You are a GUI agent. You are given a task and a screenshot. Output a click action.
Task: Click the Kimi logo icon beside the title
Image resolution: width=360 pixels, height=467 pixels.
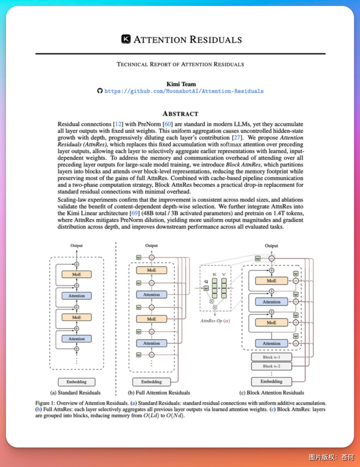click(126, 39)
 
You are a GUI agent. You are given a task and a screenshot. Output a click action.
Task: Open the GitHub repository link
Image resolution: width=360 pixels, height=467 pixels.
click(184, 91)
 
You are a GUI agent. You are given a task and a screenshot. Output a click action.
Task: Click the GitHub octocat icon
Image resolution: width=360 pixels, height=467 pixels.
click(100, 91)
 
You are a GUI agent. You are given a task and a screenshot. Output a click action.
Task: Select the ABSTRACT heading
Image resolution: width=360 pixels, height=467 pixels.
click(180, 114)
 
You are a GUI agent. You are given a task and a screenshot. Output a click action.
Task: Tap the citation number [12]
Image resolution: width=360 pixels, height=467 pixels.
click(118, 124)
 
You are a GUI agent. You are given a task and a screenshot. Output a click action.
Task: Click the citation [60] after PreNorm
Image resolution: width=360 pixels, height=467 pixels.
click(168, 124)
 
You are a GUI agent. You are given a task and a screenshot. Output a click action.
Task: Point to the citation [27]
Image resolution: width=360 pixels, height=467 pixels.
click(237, 138)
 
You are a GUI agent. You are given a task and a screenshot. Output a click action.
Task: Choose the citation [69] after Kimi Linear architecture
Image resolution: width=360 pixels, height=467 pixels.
click(135, 213)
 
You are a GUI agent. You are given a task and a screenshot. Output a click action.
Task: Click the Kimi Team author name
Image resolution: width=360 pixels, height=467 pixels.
click(181, 84)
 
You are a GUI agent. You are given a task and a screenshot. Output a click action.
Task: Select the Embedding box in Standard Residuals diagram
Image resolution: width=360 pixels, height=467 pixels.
click(77, 382)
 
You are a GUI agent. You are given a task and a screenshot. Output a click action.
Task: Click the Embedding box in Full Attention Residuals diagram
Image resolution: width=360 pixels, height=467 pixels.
click(151, 382)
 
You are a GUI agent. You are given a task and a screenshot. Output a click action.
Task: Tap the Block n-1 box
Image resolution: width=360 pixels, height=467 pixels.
click(271, 357)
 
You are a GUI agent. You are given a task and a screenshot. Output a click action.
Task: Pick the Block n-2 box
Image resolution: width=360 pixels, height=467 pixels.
click(271, 366)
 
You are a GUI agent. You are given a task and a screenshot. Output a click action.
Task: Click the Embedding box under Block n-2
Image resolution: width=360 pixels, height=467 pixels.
click(271, 381)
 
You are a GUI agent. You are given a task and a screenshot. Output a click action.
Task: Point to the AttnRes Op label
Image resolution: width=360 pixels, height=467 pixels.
click(215, 321)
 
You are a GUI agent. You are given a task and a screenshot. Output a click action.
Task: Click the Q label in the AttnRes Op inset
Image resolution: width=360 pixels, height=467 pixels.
click(206, 281)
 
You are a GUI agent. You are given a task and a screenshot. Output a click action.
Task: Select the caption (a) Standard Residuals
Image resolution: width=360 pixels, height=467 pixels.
click(75, 393)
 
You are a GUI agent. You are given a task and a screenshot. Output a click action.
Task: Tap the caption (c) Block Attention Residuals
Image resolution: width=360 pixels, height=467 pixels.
click(272, 393)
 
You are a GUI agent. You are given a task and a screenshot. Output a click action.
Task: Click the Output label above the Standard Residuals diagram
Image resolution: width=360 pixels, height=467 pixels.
click(77, 245)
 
